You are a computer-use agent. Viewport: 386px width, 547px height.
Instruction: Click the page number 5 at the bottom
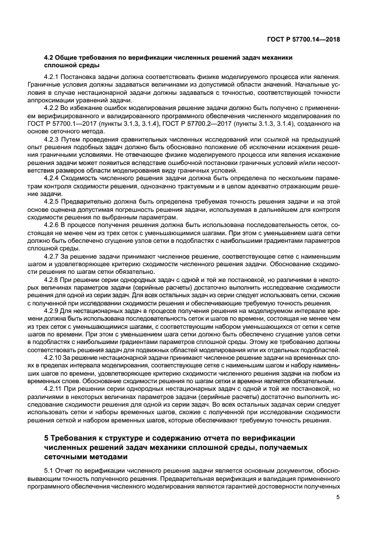tap(338, 498)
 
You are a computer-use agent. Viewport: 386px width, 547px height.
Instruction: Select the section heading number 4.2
tap(51, 57)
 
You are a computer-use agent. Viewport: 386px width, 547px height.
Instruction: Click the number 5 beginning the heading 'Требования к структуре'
tap(47, 438)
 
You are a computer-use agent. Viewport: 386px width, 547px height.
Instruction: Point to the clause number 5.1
tap(51, 470)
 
